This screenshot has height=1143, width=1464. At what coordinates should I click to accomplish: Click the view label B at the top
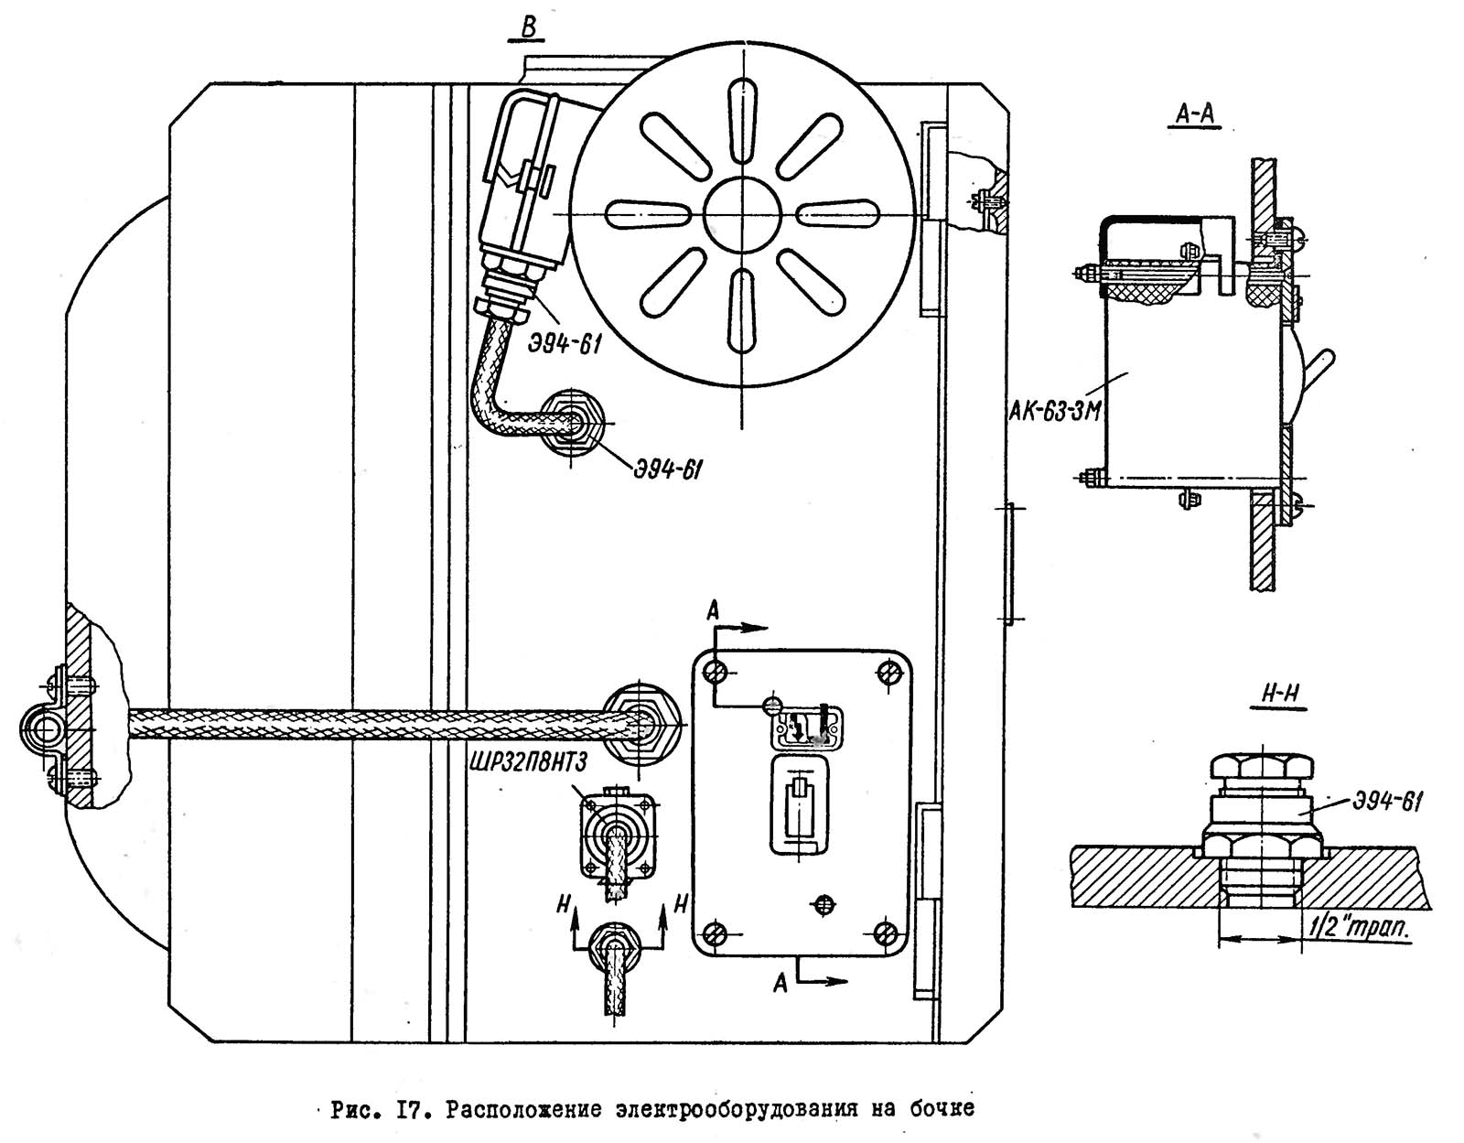[x=529, y=27]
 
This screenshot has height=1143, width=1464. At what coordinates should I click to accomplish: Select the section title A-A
[x=1194, y=114]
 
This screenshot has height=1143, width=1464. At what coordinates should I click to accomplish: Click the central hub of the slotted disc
[x=742, y=214]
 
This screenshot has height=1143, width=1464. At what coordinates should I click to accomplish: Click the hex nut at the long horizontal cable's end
[x=640, y=724]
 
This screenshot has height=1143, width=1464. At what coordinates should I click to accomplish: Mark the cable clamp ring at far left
[x=42, y=730]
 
